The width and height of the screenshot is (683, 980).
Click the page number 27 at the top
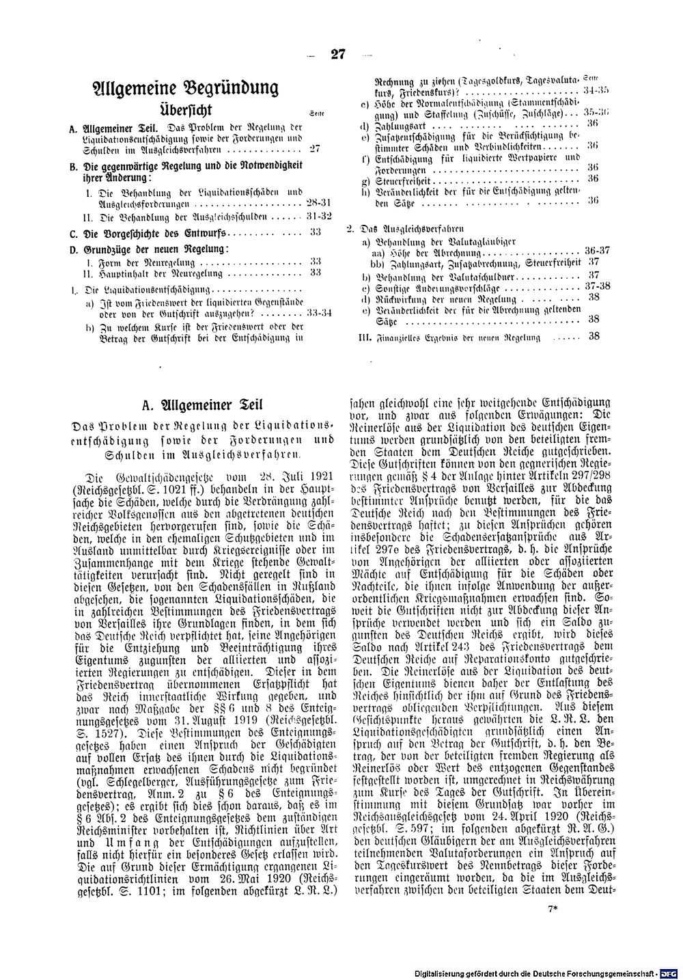pos(338,56)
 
